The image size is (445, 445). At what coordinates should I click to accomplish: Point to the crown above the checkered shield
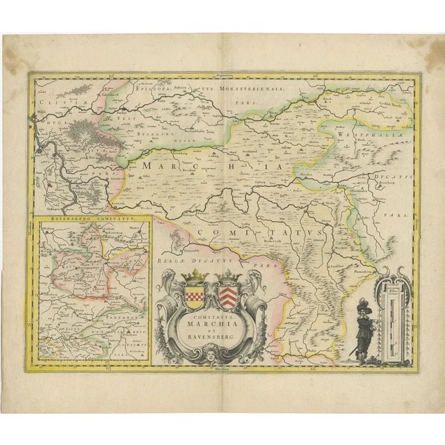193,277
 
